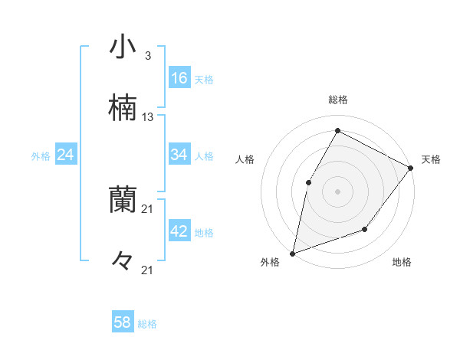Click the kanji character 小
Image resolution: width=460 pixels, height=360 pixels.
123,47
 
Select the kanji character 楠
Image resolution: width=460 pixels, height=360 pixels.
123,108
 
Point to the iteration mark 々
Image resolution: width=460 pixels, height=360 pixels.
123,260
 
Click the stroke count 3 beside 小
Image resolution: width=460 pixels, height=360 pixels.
147,56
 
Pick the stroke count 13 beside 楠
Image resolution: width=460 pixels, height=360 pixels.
148,117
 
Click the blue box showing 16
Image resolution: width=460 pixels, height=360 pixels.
179,78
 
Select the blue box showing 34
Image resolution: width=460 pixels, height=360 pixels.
179,155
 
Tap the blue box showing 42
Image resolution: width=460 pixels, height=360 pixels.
179,231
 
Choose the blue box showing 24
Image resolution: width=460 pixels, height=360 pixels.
66,155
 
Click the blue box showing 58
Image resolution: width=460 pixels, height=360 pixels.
123,322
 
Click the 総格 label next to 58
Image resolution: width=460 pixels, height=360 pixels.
147,324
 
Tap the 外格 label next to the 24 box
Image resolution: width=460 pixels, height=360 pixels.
41,156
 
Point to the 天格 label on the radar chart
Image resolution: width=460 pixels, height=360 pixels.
431,159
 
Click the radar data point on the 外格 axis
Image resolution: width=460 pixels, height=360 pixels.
292,253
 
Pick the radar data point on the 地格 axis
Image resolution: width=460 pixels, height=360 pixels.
365,229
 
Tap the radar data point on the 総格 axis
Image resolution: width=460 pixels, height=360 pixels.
337,130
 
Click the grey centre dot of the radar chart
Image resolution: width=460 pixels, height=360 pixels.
337,191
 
